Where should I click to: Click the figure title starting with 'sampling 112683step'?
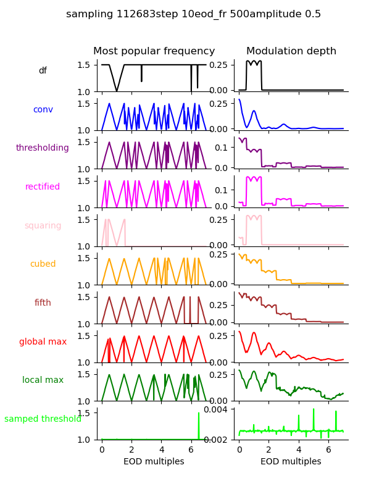click(x=193, y=14)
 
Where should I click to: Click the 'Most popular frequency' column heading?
click(x=154, y=51)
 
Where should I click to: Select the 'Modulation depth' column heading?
click(x=291, y=51)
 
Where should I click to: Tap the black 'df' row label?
click(x=43, y=71)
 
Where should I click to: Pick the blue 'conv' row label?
click(x=43, y=109)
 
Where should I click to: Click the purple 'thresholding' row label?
click(x=43, y=148)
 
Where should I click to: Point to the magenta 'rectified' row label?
click(x=43, y=187)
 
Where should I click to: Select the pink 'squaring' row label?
click(x=43, y=225)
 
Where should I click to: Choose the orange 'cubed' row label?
click(x=43, y=264)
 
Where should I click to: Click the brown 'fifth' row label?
click(x=43, y=303)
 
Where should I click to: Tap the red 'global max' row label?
click(x=43, y=341)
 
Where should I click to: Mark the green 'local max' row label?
click(x=43, y=380)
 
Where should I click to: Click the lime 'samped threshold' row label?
click(x=43, y=419)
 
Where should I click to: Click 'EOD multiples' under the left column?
click(x=154, y=462)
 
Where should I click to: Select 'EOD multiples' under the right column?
click(x=291, y=462)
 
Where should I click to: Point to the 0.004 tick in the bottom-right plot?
click(x=220, y=409)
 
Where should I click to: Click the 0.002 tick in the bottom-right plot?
click(x=220, y=440)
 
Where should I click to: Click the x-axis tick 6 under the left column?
click(x=191, y=450)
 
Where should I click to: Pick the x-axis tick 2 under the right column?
click(x=269, y=450)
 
